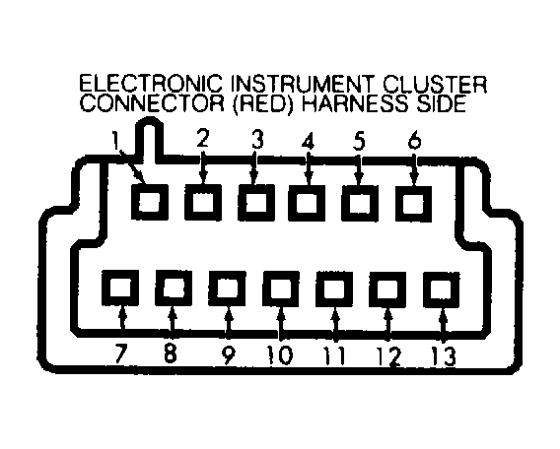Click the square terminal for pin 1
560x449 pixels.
[151, 203]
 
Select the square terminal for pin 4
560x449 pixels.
[308, 203]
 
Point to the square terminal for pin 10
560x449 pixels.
[281, 289]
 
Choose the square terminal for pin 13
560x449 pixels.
[442, 289]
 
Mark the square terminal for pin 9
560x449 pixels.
[228, 289]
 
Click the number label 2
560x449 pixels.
[202, 140]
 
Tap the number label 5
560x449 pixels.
[358, 141]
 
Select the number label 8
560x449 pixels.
[171, 353]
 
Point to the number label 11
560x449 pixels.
[334, 353]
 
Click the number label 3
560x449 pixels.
[256, 140]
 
